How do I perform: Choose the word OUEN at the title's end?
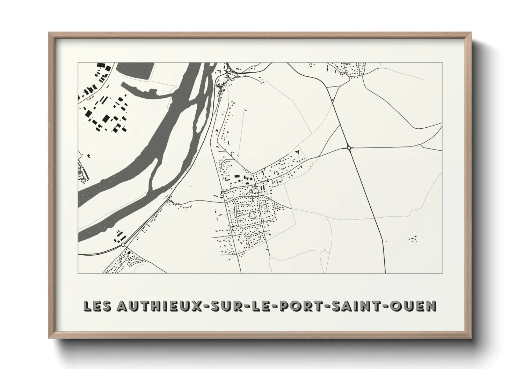click(x=415, y=306)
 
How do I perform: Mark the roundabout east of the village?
click(x=349, y=148)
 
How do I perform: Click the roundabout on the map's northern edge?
click(x=228, y=70)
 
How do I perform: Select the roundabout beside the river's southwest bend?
click(x=123, y=245)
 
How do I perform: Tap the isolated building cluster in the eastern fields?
click(x=414, y=239)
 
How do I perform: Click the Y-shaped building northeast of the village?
click(x=298, y=152)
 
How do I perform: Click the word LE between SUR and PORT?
click(x=258, y=306)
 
